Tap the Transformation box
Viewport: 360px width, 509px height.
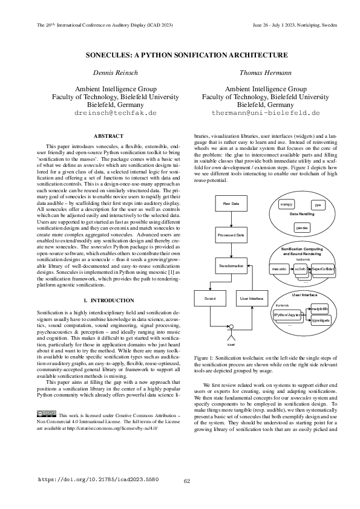point(231,265)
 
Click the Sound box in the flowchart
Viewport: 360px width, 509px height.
point(210,298)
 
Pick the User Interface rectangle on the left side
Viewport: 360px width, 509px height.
point(250,298)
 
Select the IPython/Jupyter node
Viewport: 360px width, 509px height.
point(287,315)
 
